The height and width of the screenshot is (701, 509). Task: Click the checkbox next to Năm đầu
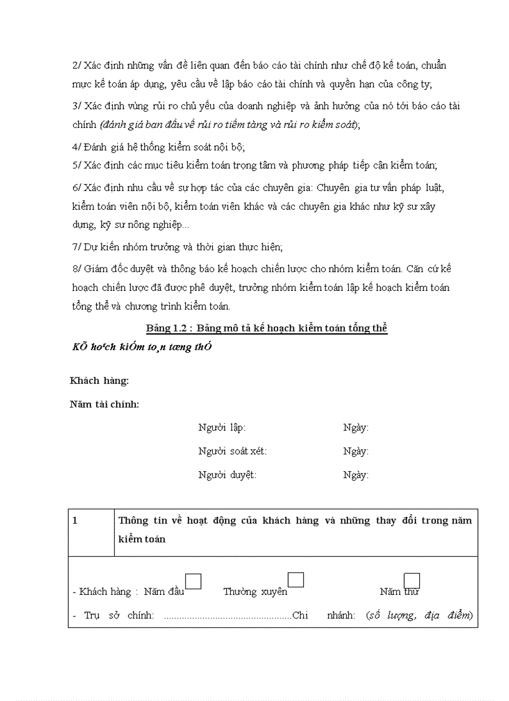[x=194, y=581]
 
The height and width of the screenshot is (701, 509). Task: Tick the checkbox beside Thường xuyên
[x=296, y=580]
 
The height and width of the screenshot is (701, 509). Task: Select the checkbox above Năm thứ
[x=412, y=581]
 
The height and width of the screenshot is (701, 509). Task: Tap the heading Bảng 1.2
[x=267, y=328]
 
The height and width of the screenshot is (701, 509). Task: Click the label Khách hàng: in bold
[x=100, y=381]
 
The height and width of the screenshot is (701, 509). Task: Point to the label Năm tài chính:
[x=105, y=404]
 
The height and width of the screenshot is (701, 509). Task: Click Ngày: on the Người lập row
[x=356, y=428]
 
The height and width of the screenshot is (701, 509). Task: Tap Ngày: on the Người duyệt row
[x=356, y=475]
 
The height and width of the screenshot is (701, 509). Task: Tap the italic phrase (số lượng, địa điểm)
[x=420, y=615]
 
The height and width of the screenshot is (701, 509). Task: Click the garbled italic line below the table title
[x=142, y=347]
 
